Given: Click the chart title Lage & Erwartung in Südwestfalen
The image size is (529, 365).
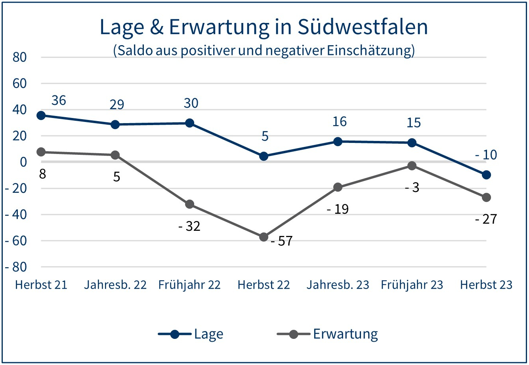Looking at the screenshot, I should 264,27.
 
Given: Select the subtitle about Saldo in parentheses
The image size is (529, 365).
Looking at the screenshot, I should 264,51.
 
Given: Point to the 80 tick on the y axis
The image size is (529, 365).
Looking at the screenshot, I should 19,57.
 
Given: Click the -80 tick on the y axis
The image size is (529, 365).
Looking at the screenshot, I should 16,267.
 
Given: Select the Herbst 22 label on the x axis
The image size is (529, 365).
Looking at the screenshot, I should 264,285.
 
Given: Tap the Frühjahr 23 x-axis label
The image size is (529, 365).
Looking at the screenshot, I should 412,285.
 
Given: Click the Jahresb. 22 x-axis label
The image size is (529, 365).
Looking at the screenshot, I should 115,285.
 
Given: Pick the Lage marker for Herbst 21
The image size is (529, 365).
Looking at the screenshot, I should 41,115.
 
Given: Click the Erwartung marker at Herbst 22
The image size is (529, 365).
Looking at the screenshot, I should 264,237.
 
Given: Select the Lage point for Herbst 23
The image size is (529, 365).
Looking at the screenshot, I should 487,175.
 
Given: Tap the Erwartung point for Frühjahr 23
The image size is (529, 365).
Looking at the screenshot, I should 412,166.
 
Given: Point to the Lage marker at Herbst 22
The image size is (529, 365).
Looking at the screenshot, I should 264,156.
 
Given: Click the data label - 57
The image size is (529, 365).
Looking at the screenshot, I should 281,241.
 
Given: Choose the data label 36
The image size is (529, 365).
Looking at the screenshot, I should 59,101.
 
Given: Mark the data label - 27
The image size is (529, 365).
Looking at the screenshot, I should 486,219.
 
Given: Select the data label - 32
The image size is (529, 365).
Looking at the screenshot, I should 189,226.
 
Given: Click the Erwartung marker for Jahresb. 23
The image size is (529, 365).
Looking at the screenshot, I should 338,187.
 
